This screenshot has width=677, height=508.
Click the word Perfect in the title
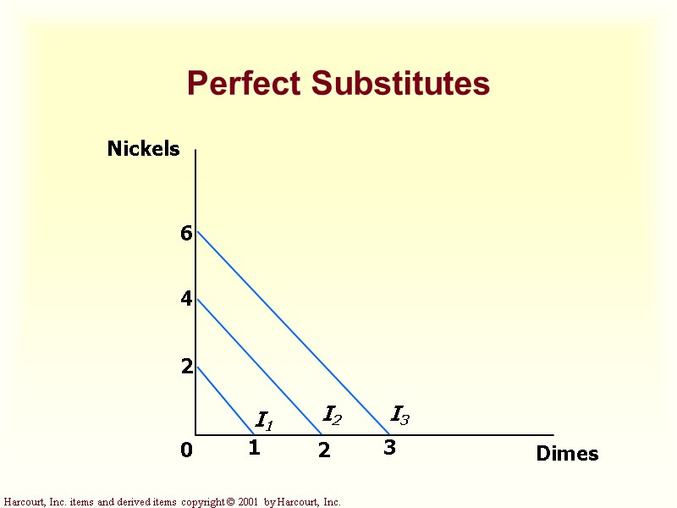coord(245,84)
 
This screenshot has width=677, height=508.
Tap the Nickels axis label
coord(144,149)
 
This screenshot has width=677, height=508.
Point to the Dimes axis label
coord(567,454)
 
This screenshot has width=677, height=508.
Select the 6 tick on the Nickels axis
coord(186,234)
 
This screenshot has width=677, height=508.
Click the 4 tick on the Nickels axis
coord(186,299)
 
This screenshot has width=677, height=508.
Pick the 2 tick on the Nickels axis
coord(186,367)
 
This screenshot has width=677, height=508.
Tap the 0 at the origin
coord(186,451)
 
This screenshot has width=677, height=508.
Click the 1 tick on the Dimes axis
coord(254,449)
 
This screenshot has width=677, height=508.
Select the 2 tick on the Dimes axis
coord(324,451)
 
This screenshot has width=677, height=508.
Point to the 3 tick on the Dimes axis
coord(389,449)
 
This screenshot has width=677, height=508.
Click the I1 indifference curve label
coord(264,420)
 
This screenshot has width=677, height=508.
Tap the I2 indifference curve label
coord(333,415)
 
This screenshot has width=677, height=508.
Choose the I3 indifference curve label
coord(400,415)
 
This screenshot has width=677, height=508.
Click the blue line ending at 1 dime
coord(225,401)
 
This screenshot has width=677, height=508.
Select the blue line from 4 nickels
coord(258,366)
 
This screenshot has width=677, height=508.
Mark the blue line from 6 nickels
coord(292,332)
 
